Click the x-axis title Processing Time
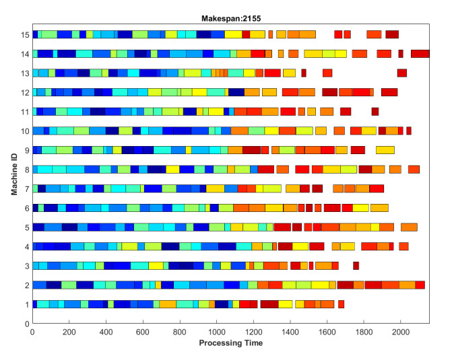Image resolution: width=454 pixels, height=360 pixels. tap(230, 343)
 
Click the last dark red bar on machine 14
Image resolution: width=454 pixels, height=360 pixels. tap(420, 54)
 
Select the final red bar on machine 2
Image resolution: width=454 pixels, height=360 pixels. tap(420, 285)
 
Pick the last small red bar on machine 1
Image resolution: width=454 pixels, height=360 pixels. tap(341, 304)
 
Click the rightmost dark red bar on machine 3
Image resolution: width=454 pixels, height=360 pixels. tap(356, 266)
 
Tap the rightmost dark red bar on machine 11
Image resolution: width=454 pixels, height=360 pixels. tap(375, 112)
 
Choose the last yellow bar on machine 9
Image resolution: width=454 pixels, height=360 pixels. tap(385, 150)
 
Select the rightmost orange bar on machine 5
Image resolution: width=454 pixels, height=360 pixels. tap(409, 227)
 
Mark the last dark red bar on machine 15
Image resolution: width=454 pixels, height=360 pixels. tap(392, 34)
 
